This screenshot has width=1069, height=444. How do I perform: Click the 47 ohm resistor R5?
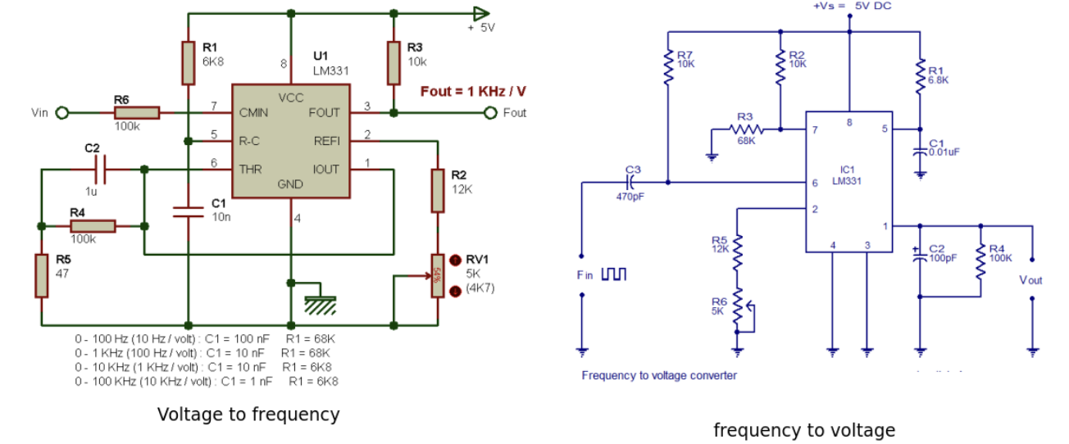coord(41,275)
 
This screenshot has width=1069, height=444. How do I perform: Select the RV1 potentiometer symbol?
coord(438,275)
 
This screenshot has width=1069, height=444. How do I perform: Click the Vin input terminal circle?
coord(61,112)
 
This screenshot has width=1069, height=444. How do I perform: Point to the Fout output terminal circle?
coord(490,112)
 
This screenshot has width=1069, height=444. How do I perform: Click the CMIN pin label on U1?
coord(254,112)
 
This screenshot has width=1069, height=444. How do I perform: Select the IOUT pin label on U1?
coord(326,170)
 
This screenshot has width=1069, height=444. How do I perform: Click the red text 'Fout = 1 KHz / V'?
coord(473,91)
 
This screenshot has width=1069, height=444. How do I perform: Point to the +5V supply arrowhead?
coord(480,13)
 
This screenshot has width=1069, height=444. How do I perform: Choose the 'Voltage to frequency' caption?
coord(248,415)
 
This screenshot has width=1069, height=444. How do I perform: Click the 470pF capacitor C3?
coord(632,182)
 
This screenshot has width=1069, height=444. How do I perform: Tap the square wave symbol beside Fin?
coord(613,274)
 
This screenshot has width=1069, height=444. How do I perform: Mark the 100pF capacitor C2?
coord(920,255)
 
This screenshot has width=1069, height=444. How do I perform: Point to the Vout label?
coord(1030,280)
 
